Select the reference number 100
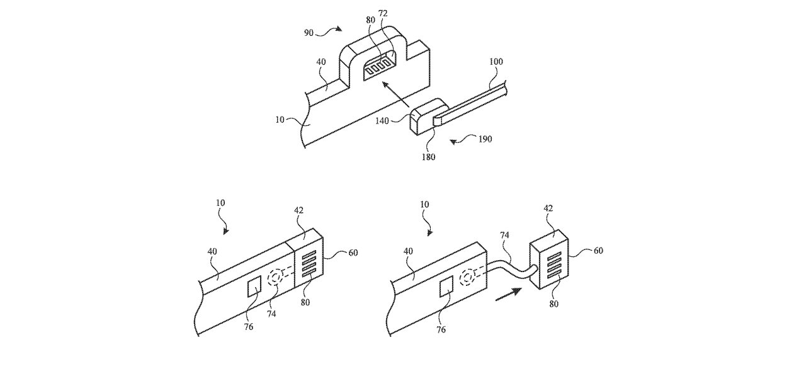pyautogui.click(x=496, y=62)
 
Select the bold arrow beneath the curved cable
pyautogui.click(x=508, y=293)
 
